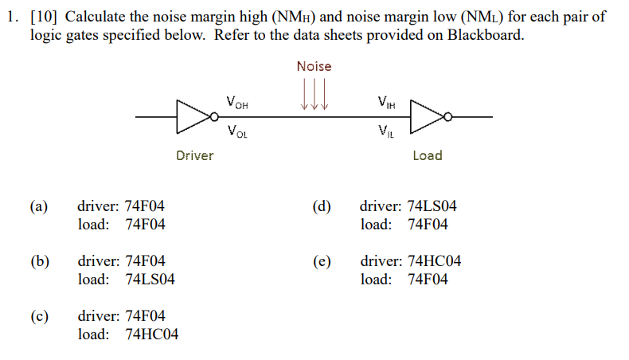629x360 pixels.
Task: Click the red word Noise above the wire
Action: tap(314, 66)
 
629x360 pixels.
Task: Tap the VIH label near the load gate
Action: tap(387, 103)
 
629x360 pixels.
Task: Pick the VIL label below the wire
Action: tap(385, 132)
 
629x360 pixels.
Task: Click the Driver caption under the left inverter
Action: tap(194, 155)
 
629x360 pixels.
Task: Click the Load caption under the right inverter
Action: tap(427, 155)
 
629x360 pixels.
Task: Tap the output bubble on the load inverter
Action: tap(447, 117)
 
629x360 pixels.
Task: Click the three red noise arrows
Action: tap(314, 93)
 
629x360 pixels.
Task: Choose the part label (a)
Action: tap(39, 206)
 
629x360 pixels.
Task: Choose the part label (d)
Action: tap(322, 206)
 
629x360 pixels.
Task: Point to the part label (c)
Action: tap(39, 316)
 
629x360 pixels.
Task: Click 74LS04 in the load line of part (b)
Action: tap(150, 280)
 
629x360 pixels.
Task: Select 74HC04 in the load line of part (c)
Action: tap(152, 335)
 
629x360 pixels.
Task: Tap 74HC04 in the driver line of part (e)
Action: tap(432, 261)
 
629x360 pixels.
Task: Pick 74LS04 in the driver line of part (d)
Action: tap(432, 206)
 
